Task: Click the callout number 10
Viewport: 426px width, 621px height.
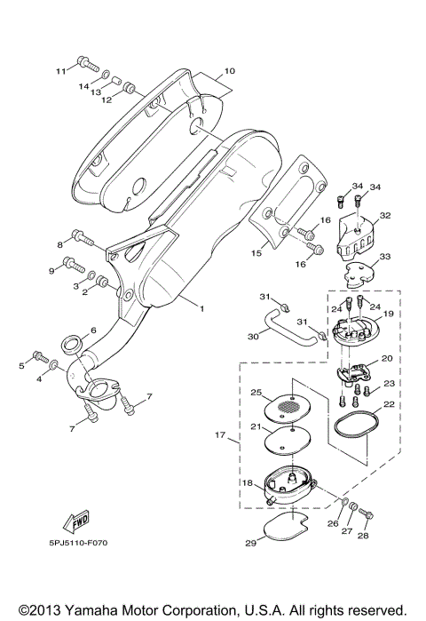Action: (x=228, y=69)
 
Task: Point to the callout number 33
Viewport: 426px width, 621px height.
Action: (x=385, y=257)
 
